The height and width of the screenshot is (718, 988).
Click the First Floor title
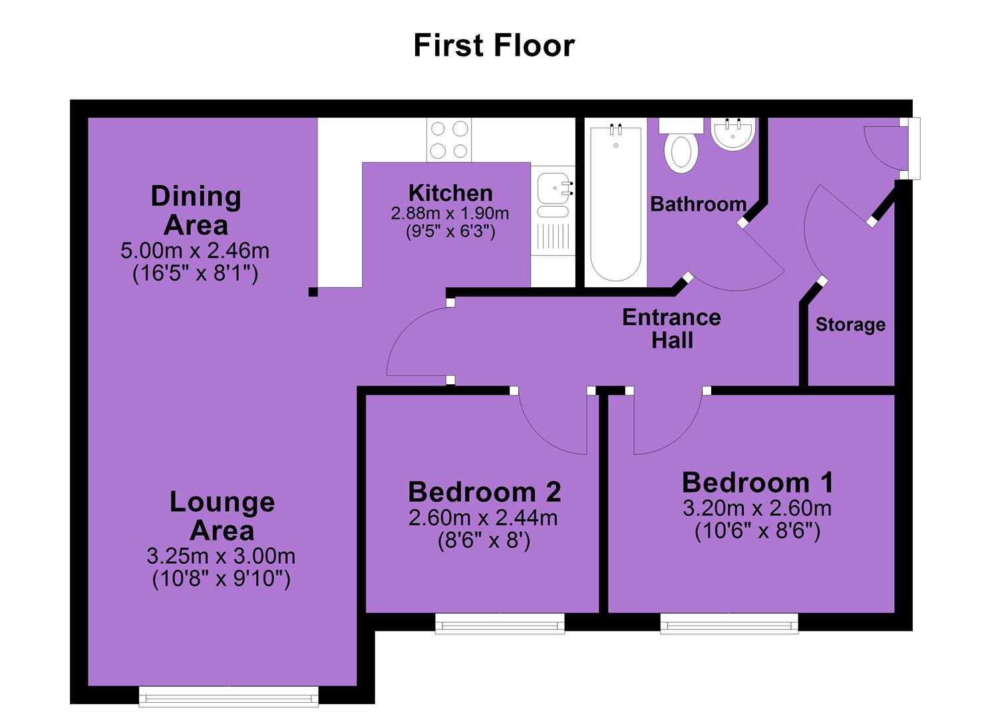[x=494, y=45]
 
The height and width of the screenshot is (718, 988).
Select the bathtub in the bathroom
[x=615, y=203]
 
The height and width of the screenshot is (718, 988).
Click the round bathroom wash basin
[x=733, y=133]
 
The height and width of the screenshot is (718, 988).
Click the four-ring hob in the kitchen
[x=449, y=140]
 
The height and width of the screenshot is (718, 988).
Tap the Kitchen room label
[x=450, y=193]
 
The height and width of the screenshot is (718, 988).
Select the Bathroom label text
[x=698, y=204]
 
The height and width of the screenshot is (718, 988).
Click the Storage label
[x=850, y=324]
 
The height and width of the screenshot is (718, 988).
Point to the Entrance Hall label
[x=672, y=329]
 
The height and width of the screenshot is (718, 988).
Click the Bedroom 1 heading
[x=757, y=483]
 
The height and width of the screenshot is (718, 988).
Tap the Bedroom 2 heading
[x=484, y=492]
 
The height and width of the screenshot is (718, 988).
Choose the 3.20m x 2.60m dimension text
[x=757, y=509]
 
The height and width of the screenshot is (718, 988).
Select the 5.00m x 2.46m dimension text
[x=195, y=251]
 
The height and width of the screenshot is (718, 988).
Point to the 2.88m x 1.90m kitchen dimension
[x=450, y=214]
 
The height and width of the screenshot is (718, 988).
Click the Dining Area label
[x=196, y=211]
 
